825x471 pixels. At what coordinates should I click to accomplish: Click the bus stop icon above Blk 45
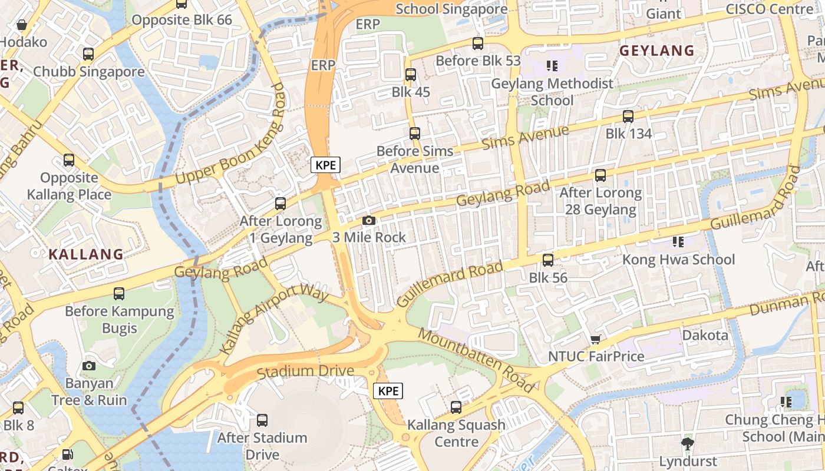pyautogui.click(x=411, y=75)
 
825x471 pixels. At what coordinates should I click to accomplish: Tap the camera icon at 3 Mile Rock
pyautogui.click(x=369, y=220)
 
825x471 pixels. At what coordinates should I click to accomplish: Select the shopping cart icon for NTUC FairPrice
pyautogui.click(x=595, y=339)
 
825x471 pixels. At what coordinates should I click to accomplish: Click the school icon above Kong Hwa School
pyautogui.click(x=678, y=241)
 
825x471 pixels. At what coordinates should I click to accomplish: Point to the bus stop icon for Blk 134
pyautogui.click(x=628, y=117)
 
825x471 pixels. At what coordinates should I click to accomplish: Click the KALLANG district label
pyautogui.click(x=86, y=254)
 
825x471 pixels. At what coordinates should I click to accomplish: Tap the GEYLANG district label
pyautogui.click(x=656, y=51)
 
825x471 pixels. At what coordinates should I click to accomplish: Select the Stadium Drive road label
pyautogui.click(x=305, y=372)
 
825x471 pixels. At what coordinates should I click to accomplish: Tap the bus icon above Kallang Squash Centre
pyautogui.click(x=456, y=407)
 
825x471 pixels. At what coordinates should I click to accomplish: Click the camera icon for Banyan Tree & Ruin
pyautogui.click(x=89, y=366)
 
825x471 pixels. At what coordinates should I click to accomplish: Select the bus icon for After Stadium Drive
pyautogui.click(x=262, y=420)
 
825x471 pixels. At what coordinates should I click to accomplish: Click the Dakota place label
pyautogui.click(x=705, y=336)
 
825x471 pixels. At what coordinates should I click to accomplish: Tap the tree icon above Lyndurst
pyautogui.click(x=687, y=443)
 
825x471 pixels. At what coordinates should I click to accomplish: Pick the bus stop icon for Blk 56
pyautogui.click(x=548, y=260)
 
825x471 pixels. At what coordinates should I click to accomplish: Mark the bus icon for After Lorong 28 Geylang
pyautogui.click(x=600, y=175)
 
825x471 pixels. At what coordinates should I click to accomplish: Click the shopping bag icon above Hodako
pyautogui.click(x=22, y=25)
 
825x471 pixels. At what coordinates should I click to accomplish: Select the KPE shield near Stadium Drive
pyautogui.click(x=388, y=391)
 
